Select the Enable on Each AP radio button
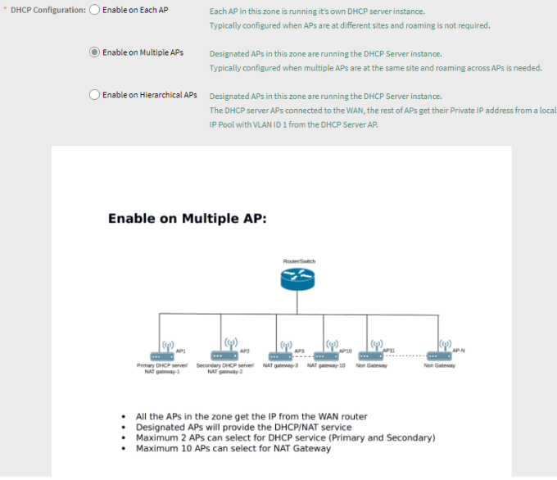pyautogui.click(x=94, y=10)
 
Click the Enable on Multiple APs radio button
pyautogui.click(x=94, y=52)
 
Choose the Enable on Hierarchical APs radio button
pyautogui.click(x=94, y=95)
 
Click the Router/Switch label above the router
pyautogui.click(x=299, y=261)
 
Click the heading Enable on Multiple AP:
pyautogui.click(x=187, y=220)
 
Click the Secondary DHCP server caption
pyautogui.click(x=224, y=365)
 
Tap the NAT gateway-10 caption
pyautogui.click(x=326, y=365)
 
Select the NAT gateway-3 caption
pyautogui.click(x=280, y=365)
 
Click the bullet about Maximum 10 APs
pyautogui.click(x=233, y=449)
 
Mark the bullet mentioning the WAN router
pyautogui.click(x=251, y=417)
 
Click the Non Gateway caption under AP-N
pyautogui.click(x=439, y=365)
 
